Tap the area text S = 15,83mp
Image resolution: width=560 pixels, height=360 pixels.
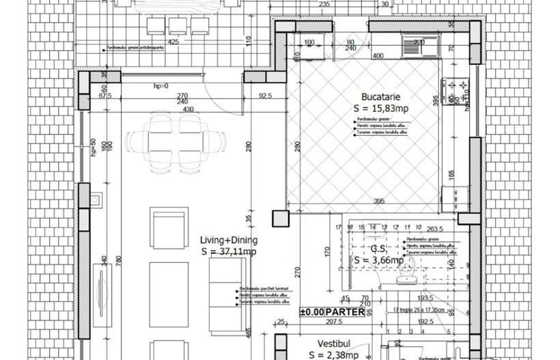click(x=380, y=109)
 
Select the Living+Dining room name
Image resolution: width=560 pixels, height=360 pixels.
click(x=228, y=240)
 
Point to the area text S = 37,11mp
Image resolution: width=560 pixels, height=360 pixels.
click(x=229, y=252)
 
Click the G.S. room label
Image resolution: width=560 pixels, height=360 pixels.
click(x=378, y=248)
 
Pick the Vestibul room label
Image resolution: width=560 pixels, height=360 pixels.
click(x=333, y=344)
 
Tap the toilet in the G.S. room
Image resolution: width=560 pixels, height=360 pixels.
click(x=410, y=273)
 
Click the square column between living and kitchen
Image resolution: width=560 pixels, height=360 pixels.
click(x=280, y=219)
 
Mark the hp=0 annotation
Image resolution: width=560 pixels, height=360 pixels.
click(x=160, y=86)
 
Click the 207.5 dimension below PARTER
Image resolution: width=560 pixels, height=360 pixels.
click(x=333, y=321)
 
